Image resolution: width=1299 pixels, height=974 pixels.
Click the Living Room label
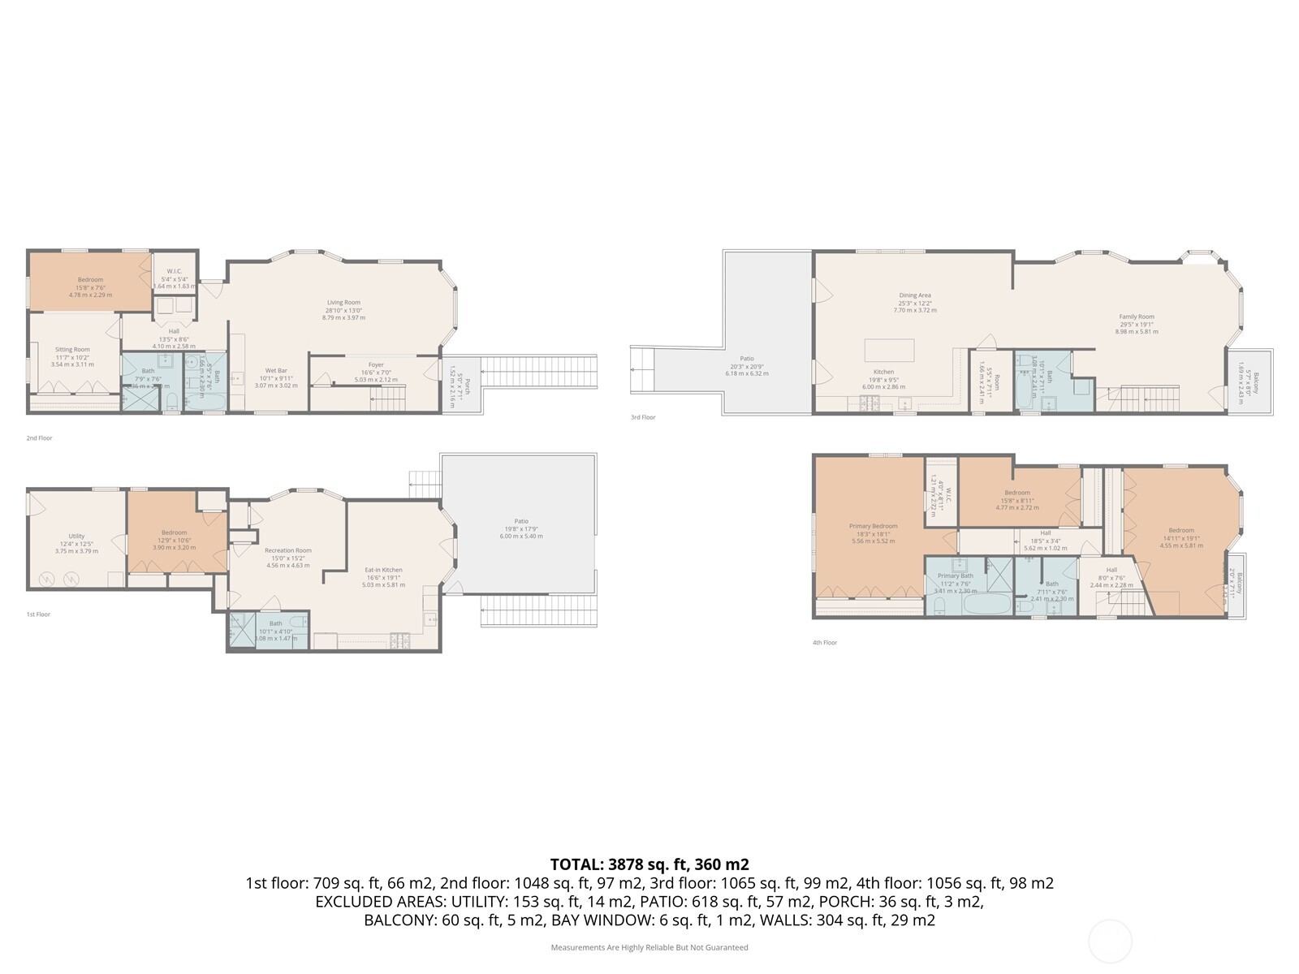(343, 303)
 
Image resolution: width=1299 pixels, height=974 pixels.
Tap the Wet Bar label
(276, 371)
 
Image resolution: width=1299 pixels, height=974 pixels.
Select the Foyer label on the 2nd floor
(375, 365)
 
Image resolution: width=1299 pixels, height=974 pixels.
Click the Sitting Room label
(72, 350)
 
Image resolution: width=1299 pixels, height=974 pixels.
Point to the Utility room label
(76, 537)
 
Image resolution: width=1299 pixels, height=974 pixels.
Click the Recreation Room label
(287, 551)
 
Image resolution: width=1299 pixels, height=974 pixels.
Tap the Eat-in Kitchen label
(383, 571)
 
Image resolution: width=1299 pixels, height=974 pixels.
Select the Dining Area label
(914, 295)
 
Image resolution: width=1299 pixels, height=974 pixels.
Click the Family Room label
(1136, 317)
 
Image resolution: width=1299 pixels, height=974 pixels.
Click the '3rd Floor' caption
(642, 417)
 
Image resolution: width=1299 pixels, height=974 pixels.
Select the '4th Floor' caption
(824, 643)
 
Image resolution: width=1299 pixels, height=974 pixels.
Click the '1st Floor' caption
(38, 614)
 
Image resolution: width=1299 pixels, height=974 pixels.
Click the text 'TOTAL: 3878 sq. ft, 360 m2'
(649, 864)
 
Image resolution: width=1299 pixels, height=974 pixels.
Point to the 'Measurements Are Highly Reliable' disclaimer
(649, 947)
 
